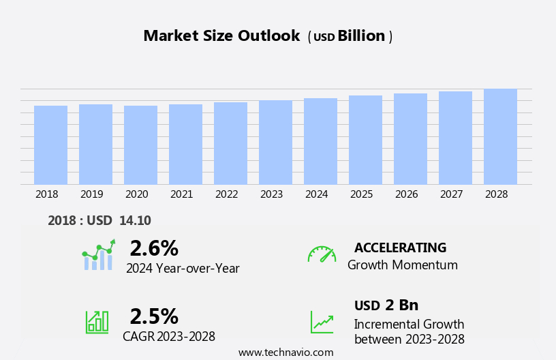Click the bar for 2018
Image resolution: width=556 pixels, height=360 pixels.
click(x=50, y=145)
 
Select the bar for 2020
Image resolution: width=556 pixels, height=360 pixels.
click(x=140, y=145)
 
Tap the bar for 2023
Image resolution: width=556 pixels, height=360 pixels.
click(x=275, y=142)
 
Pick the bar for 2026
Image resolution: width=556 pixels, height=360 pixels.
click(x=410, y=139)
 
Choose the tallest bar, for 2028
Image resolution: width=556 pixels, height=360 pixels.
click(x=500, y=137)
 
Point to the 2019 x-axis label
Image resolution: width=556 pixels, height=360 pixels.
click(x=92, y=194)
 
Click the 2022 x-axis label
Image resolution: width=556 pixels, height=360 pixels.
click(x=227, y=194)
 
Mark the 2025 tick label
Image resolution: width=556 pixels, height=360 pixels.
click(x=362, y=194)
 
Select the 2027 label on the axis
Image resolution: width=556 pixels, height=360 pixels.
click(x=452, y=194)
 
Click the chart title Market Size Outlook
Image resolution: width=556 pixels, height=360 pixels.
click(x=221, y=36)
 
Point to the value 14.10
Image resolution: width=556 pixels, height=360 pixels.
click(x=135, y=220)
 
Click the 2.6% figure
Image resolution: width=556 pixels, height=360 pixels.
click(x=154, y=248)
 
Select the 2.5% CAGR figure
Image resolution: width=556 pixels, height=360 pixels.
click(x=154, y=316)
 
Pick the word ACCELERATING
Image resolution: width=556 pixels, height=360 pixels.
click(x=400, y=247)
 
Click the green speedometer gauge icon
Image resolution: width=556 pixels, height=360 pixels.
click(x=322, y=254)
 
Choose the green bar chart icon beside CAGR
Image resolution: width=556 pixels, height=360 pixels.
click(x=97, y=321)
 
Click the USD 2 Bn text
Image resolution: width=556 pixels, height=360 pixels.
click(x=386, y=305)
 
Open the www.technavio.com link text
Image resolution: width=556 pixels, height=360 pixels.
click(x=286, y=352)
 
